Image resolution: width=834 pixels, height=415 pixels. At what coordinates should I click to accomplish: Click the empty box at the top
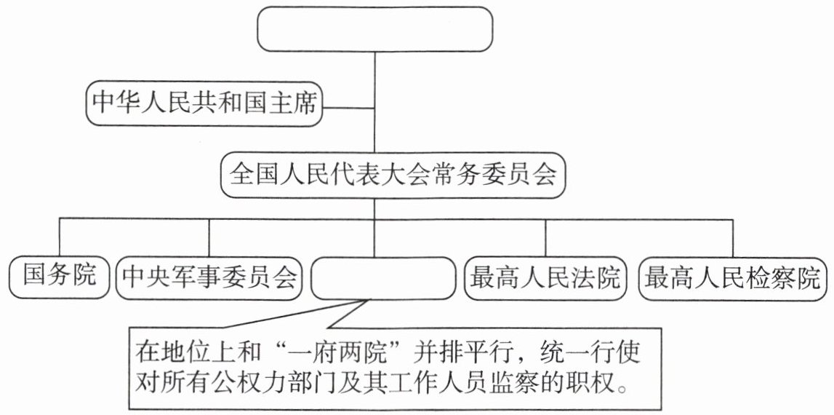click(374, 29)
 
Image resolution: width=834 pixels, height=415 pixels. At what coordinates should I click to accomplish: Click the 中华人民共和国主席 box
click(204, 104)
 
